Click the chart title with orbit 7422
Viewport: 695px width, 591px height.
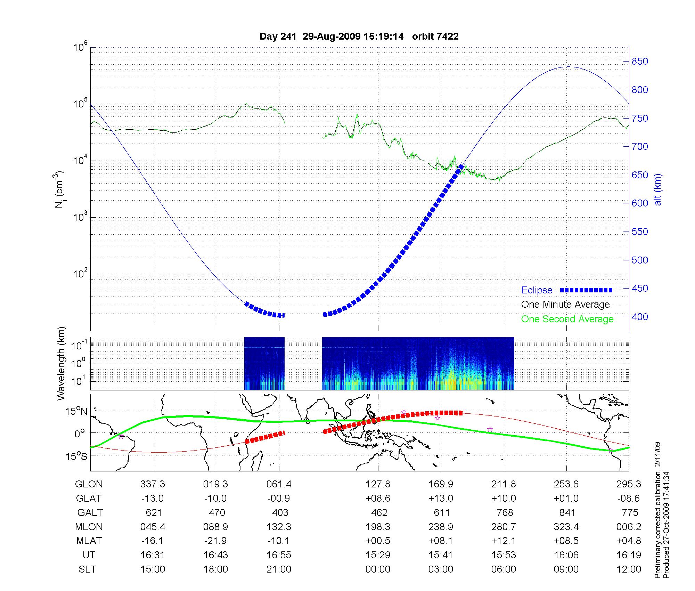(359, 37)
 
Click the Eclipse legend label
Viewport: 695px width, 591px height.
(537, 290)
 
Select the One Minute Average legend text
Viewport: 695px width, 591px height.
(565, 305)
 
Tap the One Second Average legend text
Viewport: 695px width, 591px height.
(567, 319)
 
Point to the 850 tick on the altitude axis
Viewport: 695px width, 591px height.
(640, 62)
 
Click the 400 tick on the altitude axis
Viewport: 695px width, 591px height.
(640, 317)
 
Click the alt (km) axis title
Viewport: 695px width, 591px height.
(658, 189)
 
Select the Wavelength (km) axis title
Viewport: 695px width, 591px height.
(61, 364)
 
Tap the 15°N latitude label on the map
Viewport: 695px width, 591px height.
(76, 412)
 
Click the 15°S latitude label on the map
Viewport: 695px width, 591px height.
(76, 456)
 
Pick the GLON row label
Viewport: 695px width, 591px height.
(89, 484)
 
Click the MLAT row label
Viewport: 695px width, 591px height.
(89, 541)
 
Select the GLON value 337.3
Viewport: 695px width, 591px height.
(153, 484)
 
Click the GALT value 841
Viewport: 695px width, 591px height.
(567, 513)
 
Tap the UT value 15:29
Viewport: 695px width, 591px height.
(378, 555)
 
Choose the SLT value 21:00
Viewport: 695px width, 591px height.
(279, 569)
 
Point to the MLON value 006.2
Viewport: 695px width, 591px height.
(628, 527)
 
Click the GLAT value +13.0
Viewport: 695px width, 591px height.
(441, 499)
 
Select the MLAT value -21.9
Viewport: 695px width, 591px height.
(215, 541)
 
